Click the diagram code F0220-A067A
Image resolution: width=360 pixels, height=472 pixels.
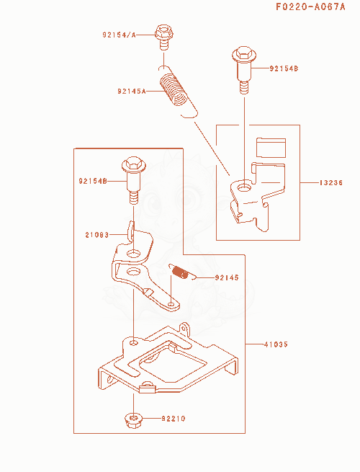coord(310,6)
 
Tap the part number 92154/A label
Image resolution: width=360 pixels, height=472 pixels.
coord(119,35)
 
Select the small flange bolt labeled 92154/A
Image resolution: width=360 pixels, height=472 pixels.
coord(163,37)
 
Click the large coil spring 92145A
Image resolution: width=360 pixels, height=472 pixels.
coord(178,92)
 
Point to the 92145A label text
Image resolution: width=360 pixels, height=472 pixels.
coord(132,91)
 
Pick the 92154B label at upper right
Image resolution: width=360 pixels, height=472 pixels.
coord(284,68)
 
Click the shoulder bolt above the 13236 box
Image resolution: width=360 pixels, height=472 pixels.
coord(244,70)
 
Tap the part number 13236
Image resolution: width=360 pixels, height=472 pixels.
coord(330,183)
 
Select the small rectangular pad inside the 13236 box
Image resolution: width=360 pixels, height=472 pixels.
coord(271,148)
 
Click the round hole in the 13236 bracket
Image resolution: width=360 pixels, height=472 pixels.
coord(244,188)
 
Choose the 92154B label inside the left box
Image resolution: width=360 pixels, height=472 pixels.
coord(93,181)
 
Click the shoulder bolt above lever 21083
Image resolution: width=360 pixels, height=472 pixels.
coord(133,180)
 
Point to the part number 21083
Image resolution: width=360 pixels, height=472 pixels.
coord(97,235)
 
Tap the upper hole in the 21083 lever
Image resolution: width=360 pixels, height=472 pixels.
coord(133,254)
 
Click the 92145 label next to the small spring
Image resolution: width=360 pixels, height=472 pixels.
coord(227,277)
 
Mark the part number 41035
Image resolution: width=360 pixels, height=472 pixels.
coord(276,344)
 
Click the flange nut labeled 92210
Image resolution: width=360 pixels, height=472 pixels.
coord(133,420)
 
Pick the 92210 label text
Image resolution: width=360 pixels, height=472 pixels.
coord(174,419)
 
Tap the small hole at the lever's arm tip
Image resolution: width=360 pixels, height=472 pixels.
coord(171,304)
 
